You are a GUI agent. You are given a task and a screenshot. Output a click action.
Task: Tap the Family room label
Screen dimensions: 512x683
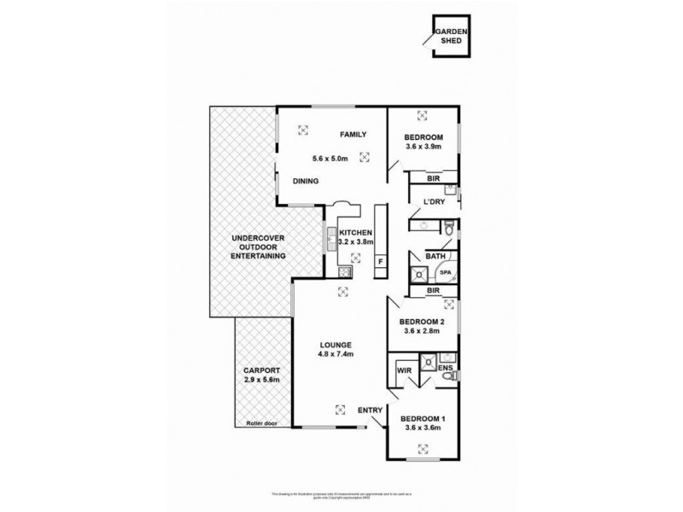point(353,135)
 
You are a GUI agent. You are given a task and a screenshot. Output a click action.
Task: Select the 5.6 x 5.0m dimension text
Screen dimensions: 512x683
point(330,158)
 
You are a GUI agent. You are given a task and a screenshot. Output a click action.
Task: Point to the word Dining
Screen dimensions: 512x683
point(306,181)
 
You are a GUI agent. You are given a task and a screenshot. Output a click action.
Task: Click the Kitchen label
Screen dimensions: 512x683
point(354,232)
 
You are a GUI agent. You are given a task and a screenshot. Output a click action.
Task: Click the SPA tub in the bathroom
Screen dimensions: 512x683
point(446,272)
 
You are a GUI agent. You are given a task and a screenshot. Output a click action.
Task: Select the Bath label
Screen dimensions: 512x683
point(435,256)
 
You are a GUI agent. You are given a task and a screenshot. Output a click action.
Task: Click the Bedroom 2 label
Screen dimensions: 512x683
point(423,322)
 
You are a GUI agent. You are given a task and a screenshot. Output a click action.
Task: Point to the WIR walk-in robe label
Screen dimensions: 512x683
point(404,370)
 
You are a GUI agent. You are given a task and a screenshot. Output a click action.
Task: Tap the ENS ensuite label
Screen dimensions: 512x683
point(445,368)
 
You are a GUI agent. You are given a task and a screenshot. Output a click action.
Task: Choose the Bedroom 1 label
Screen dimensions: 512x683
point(423,418)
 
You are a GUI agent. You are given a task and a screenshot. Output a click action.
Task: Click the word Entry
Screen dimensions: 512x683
point(370,410)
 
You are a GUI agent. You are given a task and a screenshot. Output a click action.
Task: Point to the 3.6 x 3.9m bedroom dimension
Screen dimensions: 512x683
point(423,148)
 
